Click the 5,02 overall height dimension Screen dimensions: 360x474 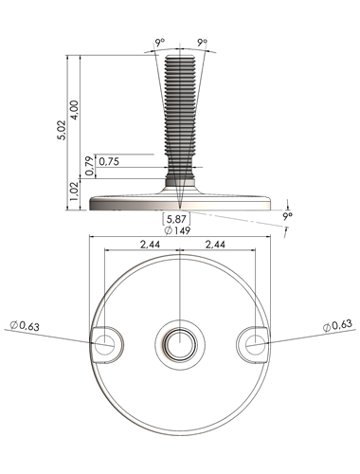coord(63,130)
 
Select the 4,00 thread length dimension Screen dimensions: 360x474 coord(76,110)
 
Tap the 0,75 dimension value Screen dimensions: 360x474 coord(109,161)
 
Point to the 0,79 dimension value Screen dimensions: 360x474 coord(90,166)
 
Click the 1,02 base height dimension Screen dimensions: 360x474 coord(75,191)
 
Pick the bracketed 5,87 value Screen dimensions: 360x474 coord(176,218)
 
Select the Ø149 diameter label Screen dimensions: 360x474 coord(178,230)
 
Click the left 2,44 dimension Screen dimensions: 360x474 coord(151,244)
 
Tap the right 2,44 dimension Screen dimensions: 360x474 coord(215,244)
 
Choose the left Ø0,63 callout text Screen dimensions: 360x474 coord(25,325)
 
